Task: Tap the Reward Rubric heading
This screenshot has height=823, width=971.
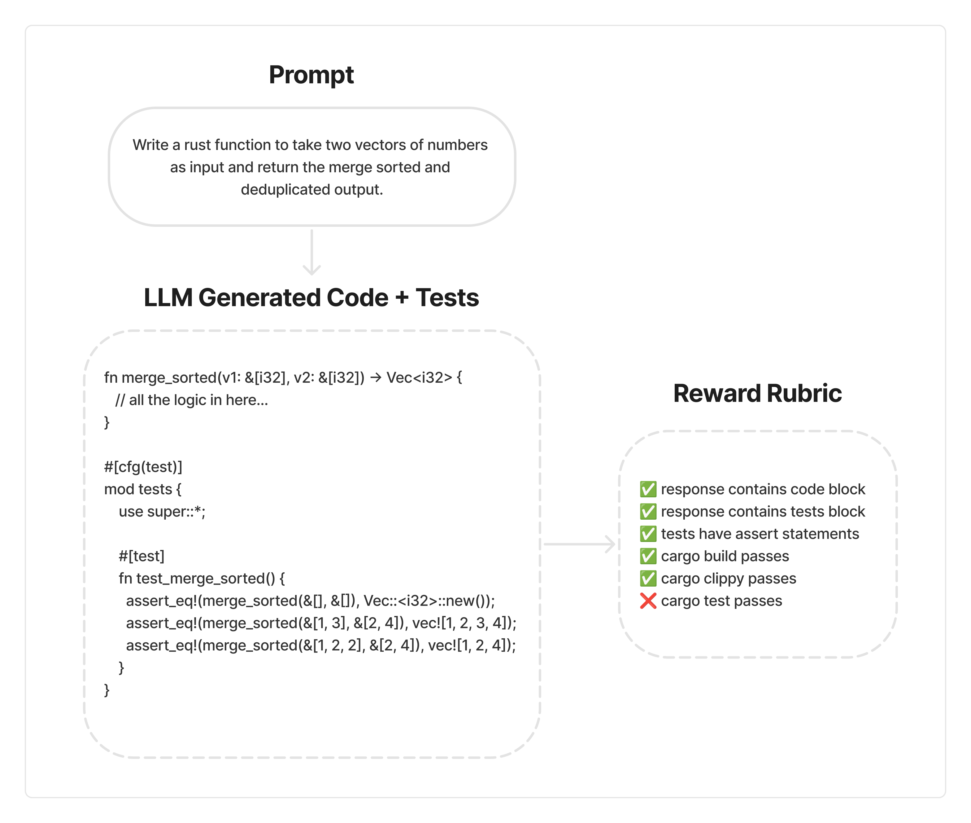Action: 757,393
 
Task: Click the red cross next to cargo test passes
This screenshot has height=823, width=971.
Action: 648,601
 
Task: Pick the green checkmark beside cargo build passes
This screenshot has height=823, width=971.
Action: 648,556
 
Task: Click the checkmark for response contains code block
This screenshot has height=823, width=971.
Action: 648,489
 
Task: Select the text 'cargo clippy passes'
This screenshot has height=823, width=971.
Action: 728,579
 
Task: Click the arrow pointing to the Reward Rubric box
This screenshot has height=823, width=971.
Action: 579,544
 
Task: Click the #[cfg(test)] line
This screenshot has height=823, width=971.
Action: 143,467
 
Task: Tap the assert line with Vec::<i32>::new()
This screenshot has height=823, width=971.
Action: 310,601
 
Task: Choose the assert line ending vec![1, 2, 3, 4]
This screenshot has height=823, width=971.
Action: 321,623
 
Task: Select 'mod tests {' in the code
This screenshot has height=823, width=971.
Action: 143,489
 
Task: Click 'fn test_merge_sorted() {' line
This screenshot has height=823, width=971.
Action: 201,579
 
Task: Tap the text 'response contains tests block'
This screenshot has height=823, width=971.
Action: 763,512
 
